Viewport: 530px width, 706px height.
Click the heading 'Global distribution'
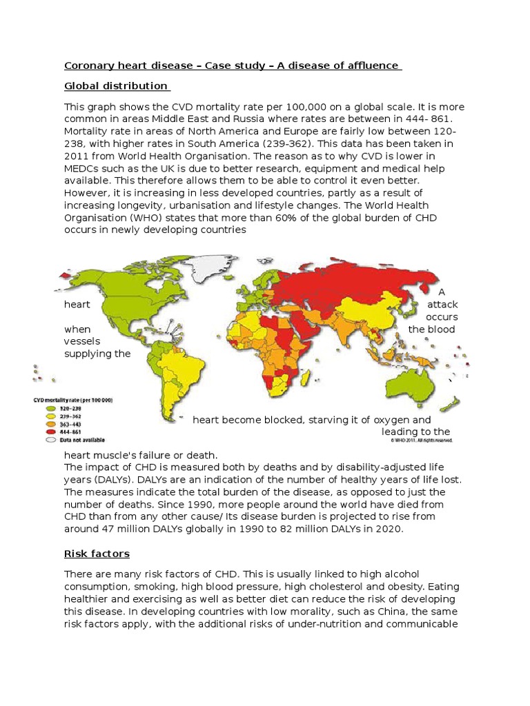pos(116,86)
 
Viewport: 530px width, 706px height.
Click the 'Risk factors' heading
pos(97,554)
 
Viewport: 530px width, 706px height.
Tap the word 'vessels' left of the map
pos(82,342)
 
